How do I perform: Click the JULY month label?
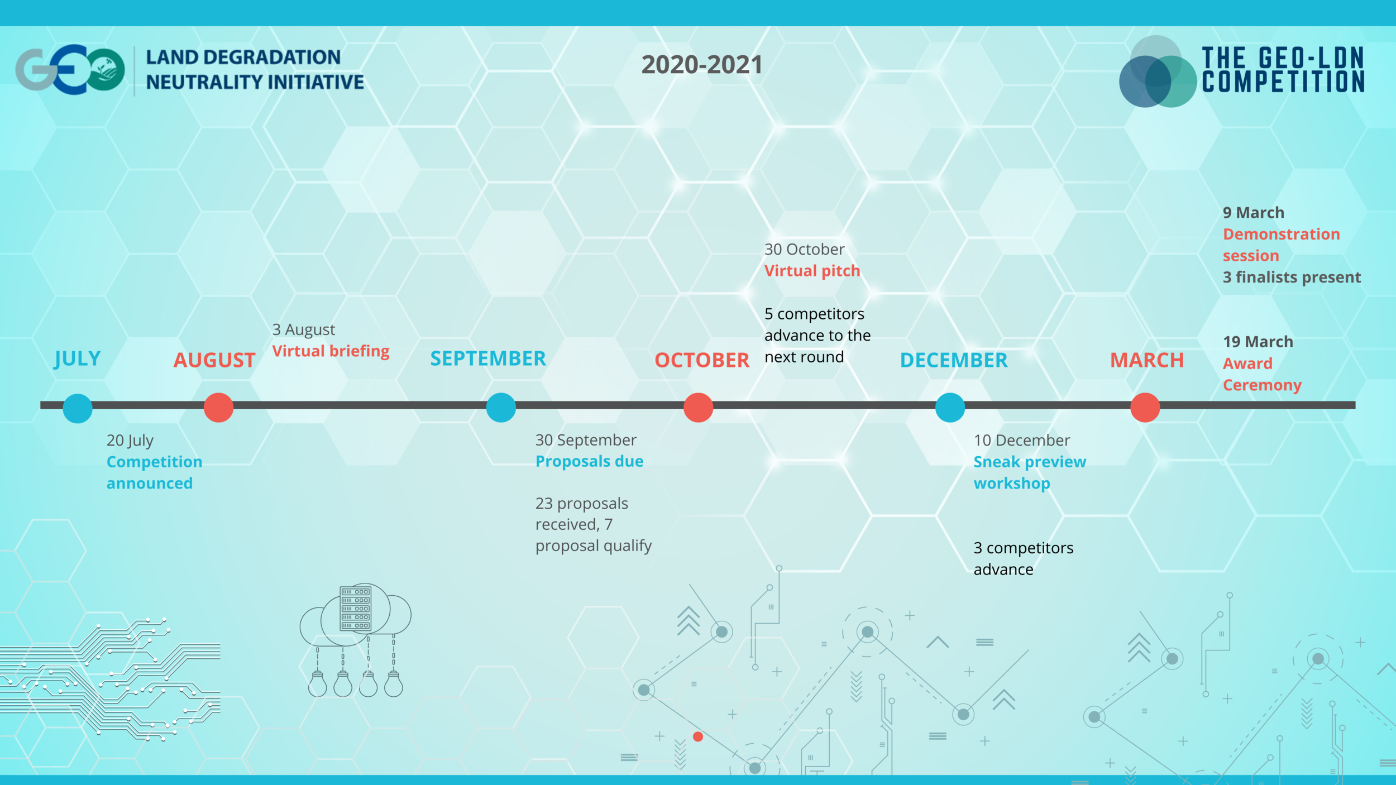78,358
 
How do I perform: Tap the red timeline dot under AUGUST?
218,408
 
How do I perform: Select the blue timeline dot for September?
501,408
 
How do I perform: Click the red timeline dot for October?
698,408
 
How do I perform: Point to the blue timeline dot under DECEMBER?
950,408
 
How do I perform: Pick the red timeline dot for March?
1145,408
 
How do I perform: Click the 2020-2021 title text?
702,65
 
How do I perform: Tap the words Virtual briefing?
331,351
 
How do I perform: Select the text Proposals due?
589,461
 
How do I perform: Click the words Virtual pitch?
812,271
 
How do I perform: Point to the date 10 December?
1022,440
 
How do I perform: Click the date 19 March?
1258,342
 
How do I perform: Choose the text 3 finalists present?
1292,277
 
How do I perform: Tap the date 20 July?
130,440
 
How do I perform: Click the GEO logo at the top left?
70,69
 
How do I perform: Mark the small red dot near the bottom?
697,737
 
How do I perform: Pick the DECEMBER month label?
954,360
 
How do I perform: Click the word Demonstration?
1281,234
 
